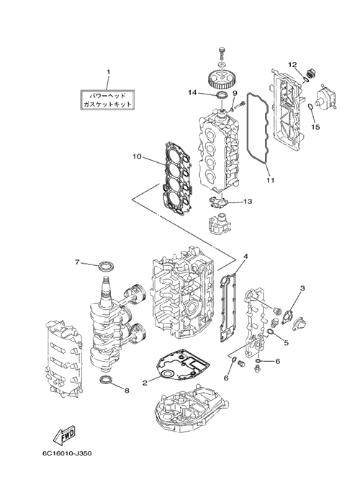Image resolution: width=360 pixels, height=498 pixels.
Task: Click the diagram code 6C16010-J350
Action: point(67,453)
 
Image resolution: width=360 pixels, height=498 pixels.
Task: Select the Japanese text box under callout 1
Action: point(107,99)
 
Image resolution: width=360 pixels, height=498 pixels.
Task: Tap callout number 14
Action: point(193,92)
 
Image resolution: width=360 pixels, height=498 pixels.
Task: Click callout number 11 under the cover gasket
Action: point(270,180)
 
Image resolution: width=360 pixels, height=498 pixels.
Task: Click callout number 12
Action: point(293,65)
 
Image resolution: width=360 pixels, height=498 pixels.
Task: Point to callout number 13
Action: point(248,201)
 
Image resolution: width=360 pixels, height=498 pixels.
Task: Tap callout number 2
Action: point(145,383)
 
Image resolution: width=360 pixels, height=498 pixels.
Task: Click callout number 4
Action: point(246,256)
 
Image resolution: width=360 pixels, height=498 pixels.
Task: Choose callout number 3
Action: point(302,288)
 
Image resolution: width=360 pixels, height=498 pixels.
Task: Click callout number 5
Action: point(287,343)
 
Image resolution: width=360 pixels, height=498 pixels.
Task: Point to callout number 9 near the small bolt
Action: point(235,93)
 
